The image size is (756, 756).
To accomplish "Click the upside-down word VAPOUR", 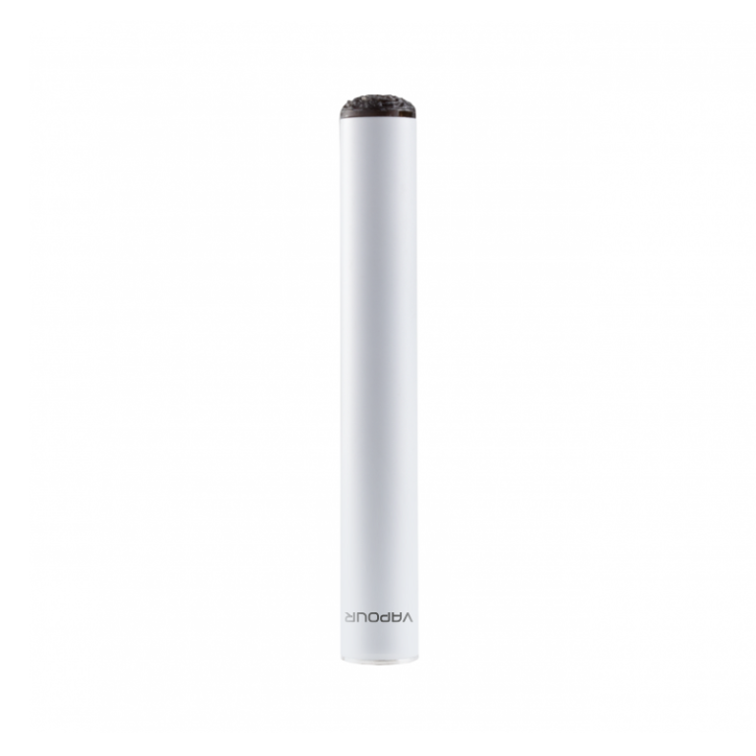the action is pyautogui.click(x=379, y=617).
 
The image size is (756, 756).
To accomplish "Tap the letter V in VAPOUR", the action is pyautogui.click(x=408, y=617).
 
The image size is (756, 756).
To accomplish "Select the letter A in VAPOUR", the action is pyautogui.click(x=397, y=617).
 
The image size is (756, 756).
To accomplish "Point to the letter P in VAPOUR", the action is pyautogui.click(x=386, y=617).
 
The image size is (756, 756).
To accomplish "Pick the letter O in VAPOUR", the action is pyautogui.click(x=374, y=617).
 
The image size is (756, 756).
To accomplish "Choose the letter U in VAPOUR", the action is pyautogui.click(x=361, y=617).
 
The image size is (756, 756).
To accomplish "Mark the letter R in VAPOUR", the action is pyautogui.click(x=349, y=617).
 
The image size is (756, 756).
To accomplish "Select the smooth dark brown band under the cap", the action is pyautogui.click(x=378, y=113).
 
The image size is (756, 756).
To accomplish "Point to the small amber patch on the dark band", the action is pyautogui.click(x=402, y=114).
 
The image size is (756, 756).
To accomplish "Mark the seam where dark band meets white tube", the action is pyautogui.click(x=378, y=118).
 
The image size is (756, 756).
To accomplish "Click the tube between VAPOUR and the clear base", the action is pyautogui.click(x=379, y=638).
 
